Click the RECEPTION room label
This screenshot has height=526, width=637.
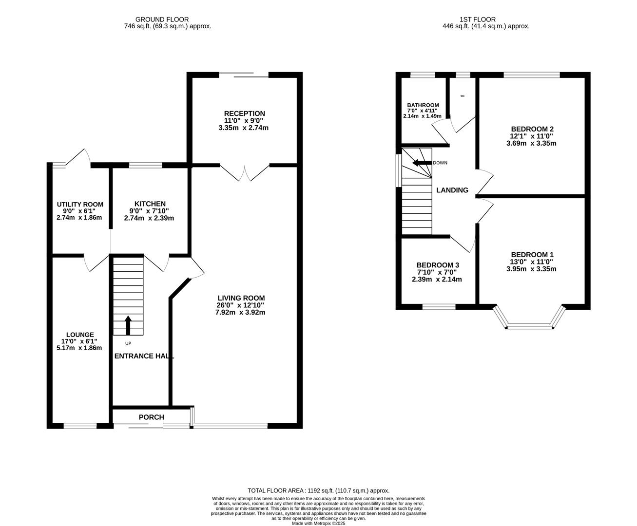244,113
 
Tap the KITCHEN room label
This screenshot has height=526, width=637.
150,204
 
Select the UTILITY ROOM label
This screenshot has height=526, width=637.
80,204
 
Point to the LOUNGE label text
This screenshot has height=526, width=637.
80,335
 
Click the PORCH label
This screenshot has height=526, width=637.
151,417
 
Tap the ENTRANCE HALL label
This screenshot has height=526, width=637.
144,356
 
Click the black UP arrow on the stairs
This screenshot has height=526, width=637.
128,325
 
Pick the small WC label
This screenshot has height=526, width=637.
462,96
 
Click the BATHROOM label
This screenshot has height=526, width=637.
423,105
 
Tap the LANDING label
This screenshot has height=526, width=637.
452,190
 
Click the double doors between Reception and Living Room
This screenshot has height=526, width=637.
245,173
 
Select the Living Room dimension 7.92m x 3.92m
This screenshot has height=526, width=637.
240,312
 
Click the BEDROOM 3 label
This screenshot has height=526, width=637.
438,265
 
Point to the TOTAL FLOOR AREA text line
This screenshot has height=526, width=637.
318,491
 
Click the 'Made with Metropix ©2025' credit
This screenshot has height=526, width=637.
318,523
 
